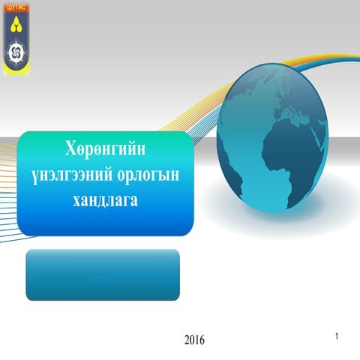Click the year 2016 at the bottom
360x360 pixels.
click(x=194, y=340)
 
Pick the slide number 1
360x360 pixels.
click(x=338, y=334)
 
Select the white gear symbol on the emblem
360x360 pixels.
click(x=15, y=52)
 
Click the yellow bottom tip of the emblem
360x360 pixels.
click(x=15, y=72)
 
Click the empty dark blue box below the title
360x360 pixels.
click(x=103, y=274)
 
